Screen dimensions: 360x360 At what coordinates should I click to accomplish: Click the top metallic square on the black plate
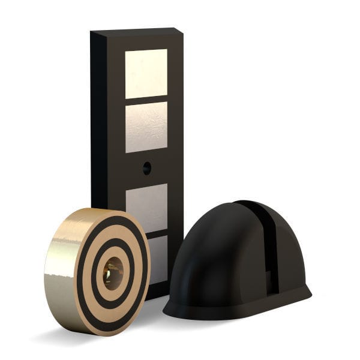click(146, 73)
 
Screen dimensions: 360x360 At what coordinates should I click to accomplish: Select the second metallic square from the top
click(146, 126)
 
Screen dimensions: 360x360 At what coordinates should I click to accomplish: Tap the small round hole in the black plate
click(147, 168)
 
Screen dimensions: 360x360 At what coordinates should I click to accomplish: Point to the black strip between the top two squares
click(146, 100)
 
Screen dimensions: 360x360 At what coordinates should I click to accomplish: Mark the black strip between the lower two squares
click(157, 233)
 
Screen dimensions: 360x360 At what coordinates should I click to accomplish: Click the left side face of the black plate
click(98, 120)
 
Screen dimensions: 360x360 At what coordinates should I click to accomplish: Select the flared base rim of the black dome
click(240, 312)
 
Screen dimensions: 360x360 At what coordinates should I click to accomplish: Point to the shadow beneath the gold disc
click(66, 336)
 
